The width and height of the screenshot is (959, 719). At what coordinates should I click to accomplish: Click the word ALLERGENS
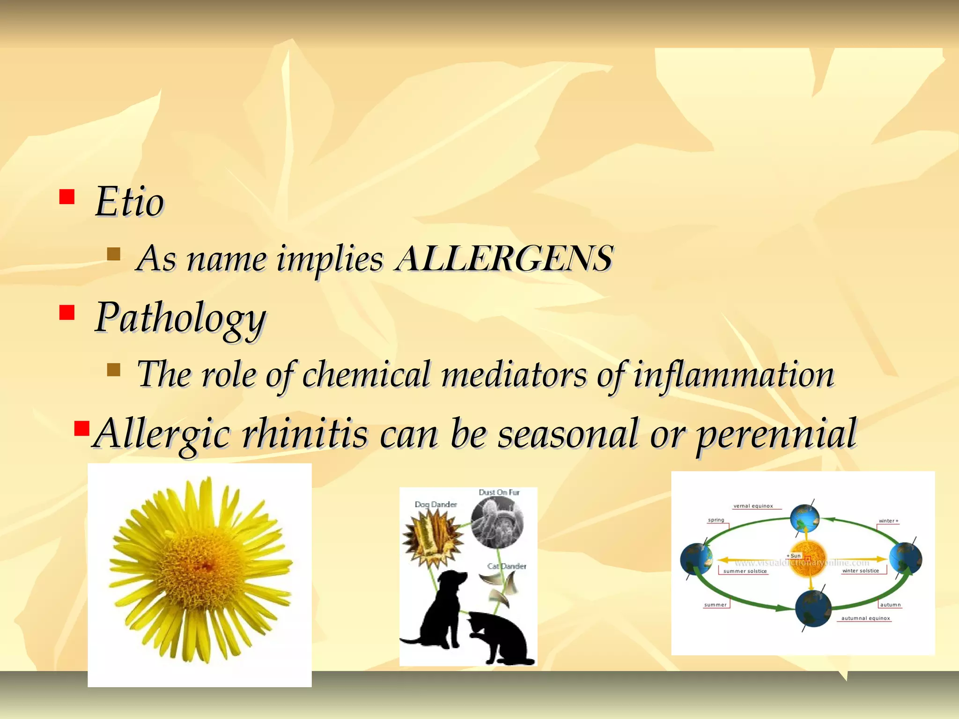[x=504, y=258]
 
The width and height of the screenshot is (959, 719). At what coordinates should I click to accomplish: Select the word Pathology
[x=181, y=318]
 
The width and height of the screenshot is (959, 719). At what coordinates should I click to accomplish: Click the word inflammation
[x=734, y=374]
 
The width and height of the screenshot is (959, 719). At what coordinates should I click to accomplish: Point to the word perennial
[x=777, y=433]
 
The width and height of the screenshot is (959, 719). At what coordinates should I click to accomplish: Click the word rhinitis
[x=304, y=433]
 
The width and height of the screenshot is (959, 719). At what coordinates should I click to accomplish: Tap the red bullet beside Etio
[x=67, y=197]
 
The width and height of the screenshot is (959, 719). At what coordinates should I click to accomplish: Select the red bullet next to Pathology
[x=67, y=312]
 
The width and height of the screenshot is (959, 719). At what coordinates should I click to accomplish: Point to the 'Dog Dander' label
[x=435, y=505]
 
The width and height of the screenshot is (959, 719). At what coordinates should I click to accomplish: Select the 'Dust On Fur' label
[x=499, y=492]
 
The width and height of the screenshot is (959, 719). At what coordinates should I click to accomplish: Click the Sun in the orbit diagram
[x=808, y=559]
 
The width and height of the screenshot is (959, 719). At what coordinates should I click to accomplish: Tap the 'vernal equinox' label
[x=753, y=506]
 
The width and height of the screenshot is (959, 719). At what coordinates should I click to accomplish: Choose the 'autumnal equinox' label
[x=865, y=618]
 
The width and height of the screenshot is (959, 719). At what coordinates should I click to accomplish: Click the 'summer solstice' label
[x=745, y=571]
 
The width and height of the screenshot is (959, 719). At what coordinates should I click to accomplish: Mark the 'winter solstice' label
[x=861, y=571]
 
